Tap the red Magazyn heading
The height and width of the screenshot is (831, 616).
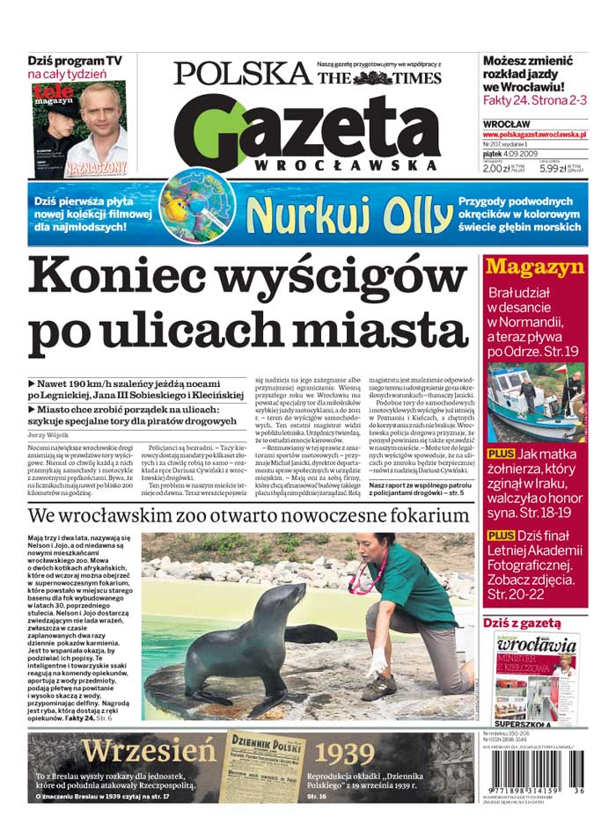tap(535, 267)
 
